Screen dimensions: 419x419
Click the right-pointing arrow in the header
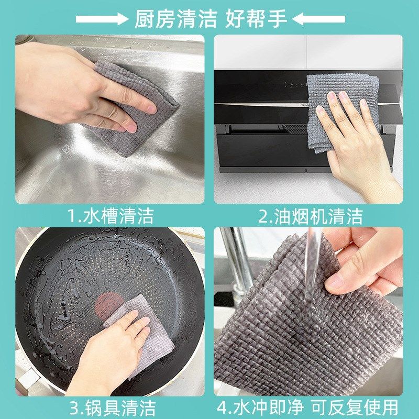click(102, 19)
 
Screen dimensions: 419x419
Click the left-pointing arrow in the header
click(318, 19)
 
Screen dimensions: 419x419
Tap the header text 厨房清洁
click(175, 19)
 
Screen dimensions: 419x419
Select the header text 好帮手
click(256, 19)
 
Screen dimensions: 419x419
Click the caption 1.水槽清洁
click(111, 216)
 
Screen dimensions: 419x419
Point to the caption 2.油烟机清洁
click(310, 216)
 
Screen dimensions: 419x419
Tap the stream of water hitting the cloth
click(313, 272)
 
